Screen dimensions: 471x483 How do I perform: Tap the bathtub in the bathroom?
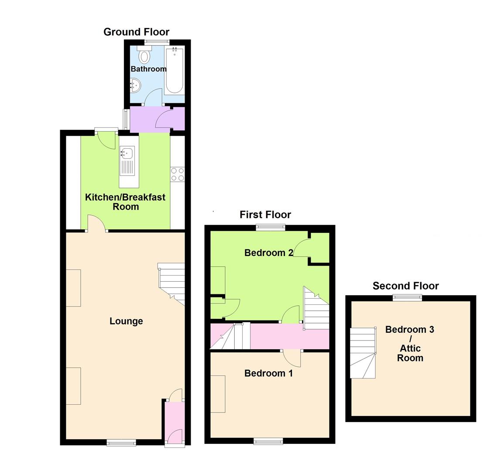[x=175, y=71]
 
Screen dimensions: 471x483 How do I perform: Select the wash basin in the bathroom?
[x=135, y=85]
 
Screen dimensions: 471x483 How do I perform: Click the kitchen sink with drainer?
[x=127, y=160]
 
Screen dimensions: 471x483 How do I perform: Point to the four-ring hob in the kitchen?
[x=178, y=174]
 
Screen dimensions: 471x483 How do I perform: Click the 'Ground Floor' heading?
[x=136, y=32]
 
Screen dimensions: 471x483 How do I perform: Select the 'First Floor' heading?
[x=265, y=215]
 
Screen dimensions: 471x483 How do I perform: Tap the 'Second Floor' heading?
[x=405, y=286]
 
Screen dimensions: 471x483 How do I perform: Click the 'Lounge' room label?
[x=126, y=321]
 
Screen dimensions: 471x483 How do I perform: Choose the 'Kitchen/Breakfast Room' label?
[x=125, y=202]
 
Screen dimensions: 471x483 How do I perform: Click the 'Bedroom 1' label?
[x=268, y=373]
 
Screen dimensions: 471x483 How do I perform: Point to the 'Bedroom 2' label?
[x=268, y=253]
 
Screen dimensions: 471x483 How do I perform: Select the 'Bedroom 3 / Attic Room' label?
[x=410, y=344]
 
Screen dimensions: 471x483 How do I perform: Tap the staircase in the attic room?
[x=363, y=353]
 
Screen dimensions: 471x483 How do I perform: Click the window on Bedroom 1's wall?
[x=268, y=441]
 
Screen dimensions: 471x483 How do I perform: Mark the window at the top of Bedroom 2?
[x=270, y=227]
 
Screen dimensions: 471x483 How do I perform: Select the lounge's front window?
[x=121, y=443]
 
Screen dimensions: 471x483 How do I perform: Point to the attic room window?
[x=407, y=298]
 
